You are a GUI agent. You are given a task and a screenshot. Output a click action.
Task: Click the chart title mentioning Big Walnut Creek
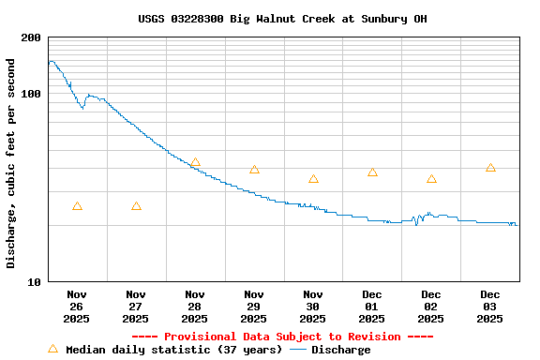point(282,18)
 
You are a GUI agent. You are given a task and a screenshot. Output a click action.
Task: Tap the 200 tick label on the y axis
point(31,38)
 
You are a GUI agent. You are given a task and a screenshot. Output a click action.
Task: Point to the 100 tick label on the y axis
point(31,95)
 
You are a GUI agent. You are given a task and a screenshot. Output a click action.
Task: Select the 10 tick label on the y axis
point(34,282)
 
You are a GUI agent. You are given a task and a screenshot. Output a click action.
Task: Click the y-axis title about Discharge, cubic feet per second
point(11,163)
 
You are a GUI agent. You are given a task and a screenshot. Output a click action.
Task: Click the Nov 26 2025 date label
point(77,307)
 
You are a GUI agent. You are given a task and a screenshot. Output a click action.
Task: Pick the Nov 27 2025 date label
point(136,307)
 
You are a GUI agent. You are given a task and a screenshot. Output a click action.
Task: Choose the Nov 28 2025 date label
point(195,307)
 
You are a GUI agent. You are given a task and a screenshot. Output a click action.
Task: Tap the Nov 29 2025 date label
point(254,307)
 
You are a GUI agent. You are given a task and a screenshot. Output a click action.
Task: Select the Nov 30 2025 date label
point(313,307)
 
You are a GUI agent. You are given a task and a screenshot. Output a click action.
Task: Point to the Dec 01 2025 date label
point(372,307)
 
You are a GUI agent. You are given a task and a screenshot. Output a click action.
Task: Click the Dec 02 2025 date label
point(431,307)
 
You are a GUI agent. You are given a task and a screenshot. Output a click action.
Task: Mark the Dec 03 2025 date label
point(490,307)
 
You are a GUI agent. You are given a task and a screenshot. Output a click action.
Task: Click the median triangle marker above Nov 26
point(77,206)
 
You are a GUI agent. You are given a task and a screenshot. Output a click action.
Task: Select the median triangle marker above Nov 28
point(195,163)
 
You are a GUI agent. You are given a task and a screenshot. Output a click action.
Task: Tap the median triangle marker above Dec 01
point(372,172)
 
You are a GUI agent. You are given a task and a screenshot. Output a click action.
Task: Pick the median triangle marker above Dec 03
point(490,168)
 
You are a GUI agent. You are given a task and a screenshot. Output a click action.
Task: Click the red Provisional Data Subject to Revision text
point(282,337)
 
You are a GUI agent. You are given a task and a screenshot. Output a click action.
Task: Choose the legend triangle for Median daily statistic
point(52,349)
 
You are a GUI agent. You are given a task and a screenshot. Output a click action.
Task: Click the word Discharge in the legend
point(340,350)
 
